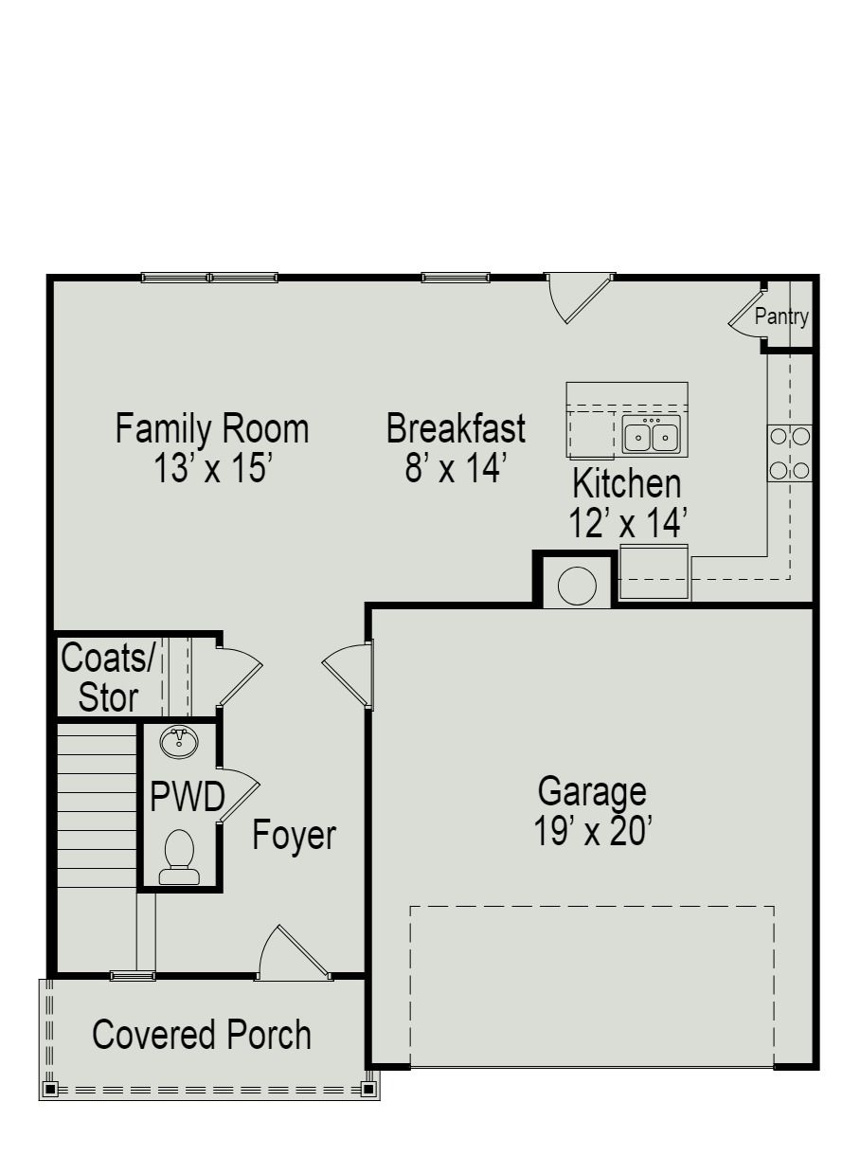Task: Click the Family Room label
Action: (212, 428)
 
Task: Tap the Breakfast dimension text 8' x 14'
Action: (457, 468)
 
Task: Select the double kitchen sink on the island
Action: (651, 436)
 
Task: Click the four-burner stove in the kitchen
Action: (789, 453)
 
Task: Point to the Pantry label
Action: (781, 316)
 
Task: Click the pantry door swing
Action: (745, 317)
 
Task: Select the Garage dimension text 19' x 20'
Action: (591, 832)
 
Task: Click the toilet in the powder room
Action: (179, 855)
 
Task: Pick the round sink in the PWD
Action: (178, 742)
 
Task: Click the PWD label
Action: (187, 798)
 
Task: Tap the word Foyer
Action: (294, 836)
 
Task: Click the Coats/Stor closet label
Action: (106, 677)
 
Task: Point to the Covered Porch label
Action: (201, 1034)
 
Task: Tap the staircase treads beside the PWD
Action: (97, 805)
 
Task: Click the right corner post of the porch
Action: (368, 1089)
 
